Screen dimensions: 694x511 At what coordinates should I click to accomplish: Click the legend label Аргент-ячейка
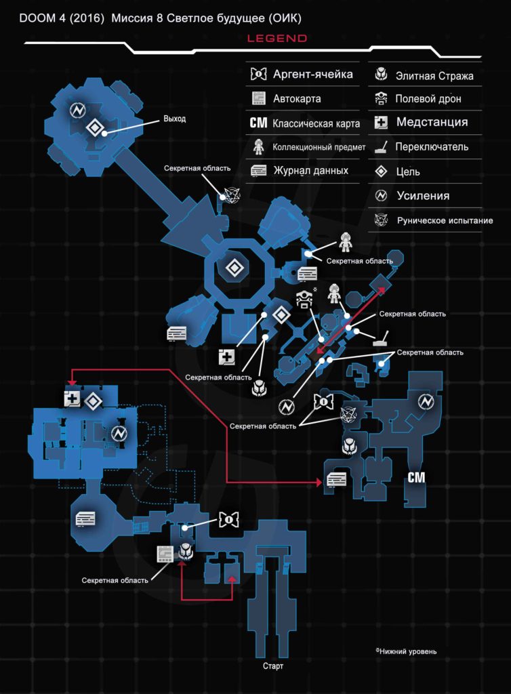[x=312, y=75]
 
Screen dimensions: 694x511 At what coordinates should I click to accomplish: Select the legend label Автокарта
[x=297, y=99]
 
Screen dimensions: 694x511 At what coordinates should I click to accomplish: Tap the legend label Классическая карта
[x=316, y=123]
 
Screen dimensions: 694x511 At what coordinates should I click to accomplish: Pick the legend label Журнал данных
[x=310, y=171]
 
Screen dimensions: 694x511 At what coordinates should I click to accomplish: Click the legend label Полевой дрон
[x=428, y=99]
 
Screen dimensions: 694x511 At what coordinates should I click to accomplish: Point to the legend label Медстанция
[x=432, y=123]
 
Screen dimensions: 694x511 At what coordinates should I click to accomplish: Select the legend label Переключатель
[x=432, y=146]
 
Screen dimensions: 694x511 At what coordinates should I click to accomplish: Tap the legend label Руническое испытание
[x=445, y=221]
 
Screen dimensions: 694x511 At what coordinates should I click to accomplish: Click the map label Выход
[x=174, y=119]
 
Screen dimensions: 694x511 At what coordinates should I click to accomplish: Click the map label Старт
[x=273, y=666]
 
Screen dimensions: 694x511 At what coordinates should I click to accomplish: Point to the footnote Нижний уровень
[x=408, y=651]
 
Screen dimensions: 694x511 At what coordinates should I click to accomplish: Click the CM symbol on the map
[x=416, y=478]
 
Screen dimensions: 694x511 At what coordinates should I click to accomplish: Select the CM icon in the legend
[x=258, y=123]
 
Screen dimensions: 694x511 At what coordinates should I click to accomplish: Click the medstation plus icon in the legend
[x=382, y=123]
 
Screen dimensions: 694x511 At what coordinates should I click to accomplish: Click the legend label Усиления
[x=423, y=196]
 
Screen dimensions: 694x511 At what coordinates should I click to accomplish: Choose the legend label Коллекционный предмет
[x=319, y=147]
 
